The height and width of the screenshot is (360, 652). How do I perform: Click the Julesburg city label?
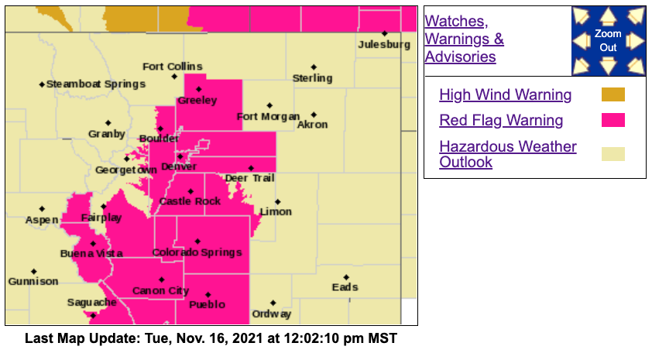(x=384, y=45)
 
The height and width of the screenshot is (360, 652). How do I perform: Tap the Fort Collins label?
(x=172, y=67)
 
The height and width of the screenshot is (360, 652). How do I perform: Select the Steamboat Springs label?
(x=95, y=84)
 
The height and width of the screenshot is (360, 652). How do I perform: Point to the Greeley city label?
(x=197, y=101)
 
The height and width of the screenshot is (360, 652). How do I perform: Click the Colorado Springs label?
(x=197, y=252)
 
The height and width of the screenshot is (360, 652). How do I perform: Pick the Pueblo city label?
(x=208, y=304)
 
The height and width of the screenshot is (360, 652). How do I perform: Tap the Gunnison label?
(x=33, y=281)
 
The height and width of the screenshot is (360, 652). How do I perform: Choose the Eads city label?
(x=345, y=287)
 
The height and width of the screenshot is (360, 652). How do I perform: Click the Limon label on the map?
(x=276, y=211)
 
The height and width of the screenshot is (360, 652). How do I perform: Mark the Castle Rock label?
(x=190, y=201)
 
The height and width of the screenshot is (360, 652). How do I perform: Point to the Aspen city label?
(x=42, y=220)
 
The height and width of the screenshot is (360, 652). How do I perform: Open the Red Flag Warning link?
(x=501, y=120)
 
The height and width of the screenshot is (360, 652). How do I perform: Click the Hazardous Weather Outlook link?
(x=507, y=154)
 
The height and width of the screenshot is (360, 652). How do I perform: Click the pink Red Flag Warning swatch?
(x=613, y=120)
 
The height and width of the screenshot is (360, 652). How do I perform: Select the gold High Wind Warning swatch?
(x=613, y=95)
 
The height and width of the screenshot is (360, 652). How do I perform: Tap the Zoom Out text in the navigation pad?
(x=608, y=41)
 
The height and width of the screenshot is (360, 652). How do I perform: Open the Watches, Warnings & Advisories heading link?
(x=464, y=39)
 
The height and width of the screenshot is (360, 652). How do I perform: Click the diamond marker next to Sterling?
(x=314, y=67)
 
